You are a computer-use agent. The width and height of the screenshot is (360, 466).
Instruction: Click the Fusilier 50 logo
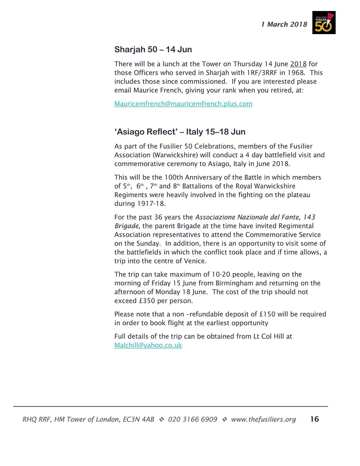coord(324,22)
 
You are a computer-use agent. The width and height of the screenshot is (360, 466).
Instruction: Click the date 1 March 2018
coord(284,25)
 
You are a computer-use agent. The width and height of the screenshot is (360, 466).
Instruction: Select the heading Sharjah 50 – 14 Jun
coord(153,50)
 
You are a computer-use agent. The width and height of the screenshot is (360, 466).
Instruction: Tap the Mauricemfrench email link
coord(183,104)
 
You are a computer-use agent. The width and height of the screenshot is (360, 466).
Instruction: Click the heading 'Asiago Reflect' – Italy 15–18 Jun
coord(180,132)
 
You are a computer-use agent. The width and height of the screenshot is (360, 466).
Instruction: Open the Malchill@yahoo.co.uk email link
coord(148,345)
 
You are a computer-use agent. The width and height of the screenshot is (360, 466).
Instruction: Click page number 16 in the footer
coord(314,419)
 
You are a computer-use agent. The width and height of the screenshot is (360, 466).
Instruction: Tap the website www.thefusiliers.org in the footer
coord(263,419)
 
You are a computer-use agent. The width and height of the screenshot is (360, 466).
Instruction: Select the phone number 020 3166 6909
coord(193,419)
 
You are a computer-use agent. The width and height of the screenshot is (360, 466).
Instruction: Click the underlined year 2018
coord(298,64)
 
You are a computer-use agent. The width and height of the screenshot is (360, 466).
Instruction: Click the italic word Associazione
coord(215,217)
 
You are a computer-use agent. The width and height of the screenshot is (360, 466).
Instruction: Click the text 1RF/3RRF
coord(259,72)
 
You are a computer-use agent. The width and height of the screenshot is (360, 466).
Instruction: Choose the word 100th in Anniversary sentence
coord(173,177)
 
